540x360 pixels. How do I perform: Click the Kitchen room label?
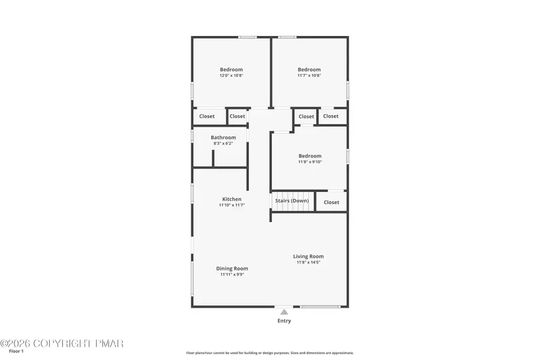[232, 199]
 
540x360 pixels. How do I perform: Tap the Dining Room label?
[232, 269]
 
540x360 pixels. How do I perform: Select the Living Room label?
[308, 257]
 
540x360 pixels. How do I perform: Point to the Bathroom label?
[223, 137]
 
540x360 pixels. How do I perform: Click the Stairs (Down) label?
[292, 201]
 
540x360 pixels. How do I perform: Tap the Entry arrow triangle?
[284, 312]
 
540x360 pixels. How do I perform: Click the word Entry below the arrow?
[284, 321]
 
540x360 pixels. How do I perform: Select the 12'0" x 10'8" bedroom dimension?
[231, 76]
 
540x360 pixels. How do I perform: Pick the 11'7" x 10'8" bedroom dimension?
[309, 76]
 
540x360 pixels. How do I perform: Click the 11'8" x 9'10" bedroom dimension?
[310, 162]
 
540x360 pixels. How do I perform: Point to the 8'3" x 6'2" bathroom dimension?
[223, 143]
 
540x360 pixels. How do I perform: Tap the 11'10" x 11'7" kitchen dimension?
[232, 205]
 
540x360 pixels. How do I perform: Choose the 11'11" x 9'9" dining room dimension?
[232, 275]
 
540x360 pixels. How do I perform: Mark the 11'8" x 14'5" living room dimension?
[308, 263]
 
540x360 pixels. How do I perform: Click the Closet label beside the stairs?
[331, 202]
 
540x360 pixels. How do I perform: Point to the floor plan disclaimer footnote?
[269, 353]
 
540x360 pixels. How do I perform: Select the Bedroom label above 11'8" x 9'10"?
[310, 156]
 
